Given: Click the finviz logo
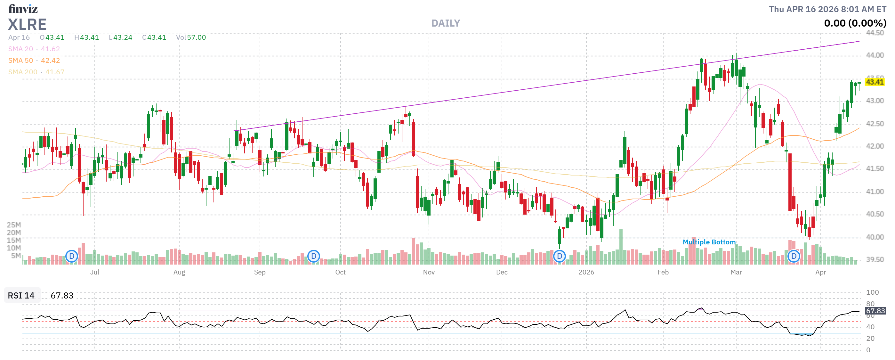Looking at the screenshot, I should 23,8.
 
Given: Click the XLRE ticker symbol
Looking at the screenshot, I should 27,24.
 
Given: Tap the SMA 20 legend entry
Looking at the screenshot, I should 34,49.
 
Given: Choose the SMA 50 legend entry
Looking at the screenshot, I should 34,61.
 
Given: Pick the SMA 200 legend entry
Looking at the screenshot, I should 36,72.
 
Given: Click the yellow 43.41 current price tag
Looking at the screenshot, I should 874,82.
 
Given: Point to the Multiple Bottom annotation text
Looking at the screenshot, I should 709,242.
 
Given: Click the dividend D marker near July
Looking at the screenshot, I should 72,257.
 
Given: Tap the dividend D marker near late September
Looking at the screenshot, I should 313,257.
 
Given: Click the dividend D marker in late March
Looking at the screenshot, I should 794,257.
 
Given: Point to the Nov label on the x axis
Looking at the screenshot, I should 429,272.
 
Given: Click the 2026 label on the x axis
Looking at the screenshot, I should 586,272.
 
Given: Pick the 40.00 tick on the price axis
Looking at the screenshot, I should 875,237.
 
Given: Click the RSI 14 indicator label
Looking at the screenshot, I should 21,295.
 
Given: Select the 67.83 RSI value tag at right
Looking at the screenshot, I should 875,311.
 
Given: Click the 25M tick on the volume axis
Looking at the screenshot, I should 14,225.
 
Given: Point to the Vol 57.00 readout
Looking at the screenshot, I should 191,37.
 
